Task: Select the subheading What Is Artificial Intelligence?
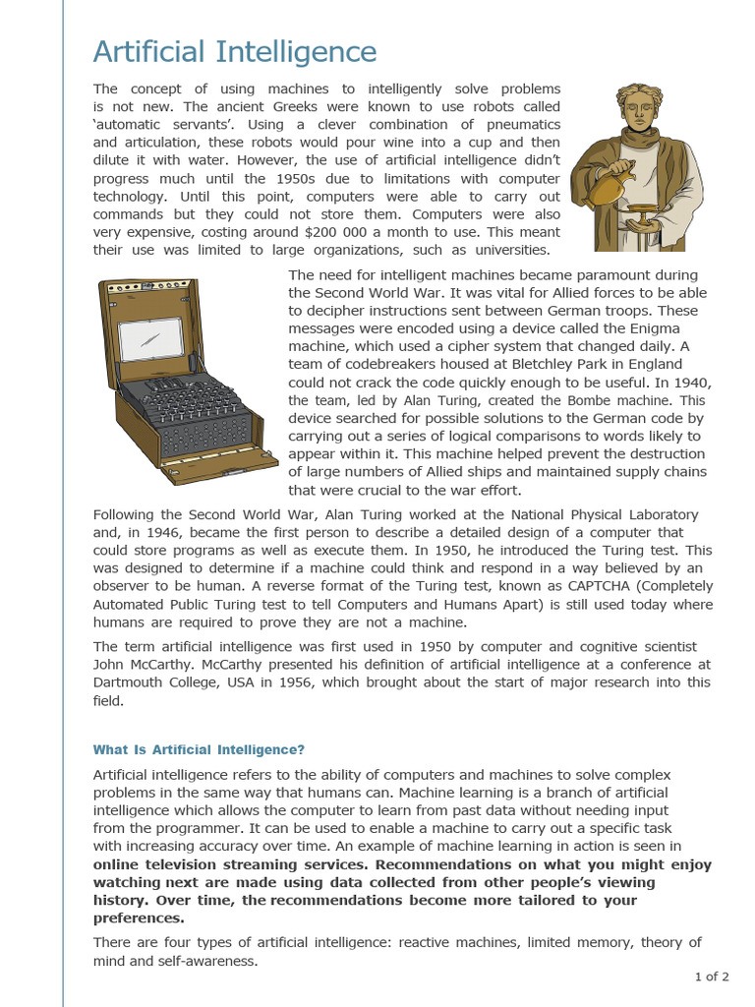(199, 749)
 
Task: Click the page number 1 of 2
(712, 977)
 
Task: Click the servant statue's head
(638, 109)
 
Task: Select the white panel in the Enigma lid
(150, 337)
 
